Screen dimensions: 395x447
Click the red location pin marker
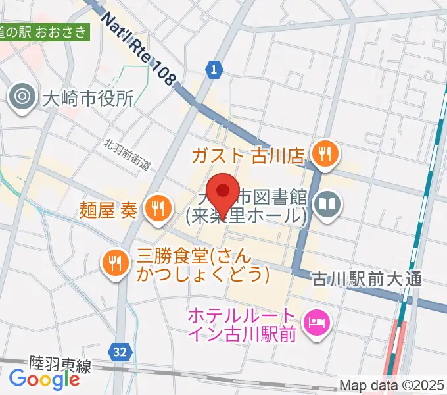223,192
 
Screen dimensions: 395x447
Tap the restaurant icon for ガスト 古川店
324,155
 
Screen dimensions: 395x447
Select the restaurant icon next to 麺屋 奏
157,209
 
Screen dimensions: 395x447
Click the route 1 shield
213,68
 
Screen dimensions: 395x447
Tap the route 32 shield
120,353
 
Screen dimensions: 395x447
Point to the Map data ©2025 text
392,385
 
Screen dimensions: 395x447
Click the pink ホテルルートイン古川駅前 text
244,325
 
